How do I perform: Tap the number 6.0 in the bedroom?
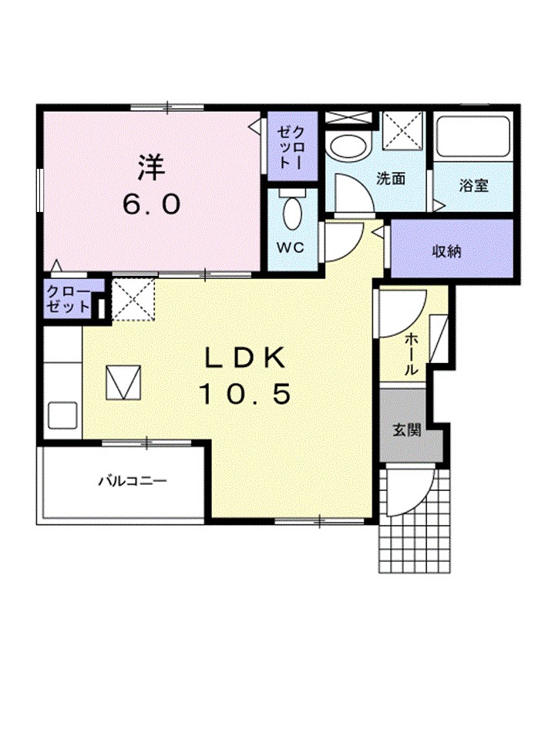coord(152,203)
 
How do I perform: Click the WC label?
coord(290,248)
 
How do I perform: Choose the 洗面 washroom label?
coord(391,179)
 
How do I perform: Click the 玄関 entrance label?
coord(407,430)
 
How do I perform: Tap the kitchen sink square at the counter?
coord(61,416)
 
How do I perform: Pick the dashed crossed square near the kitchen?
coord(133,298)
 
